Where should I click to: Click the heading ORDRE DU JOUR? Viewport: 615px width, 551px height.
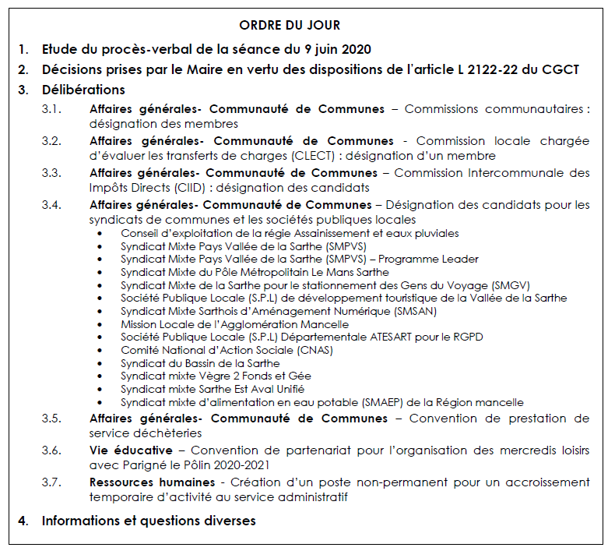click(x=289, y=26)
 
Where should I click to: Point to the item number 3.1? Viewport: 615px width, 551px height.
click(x=52, y=109)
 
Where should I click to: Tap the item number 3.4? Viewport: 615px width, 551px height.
click(x=52, y=205)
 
